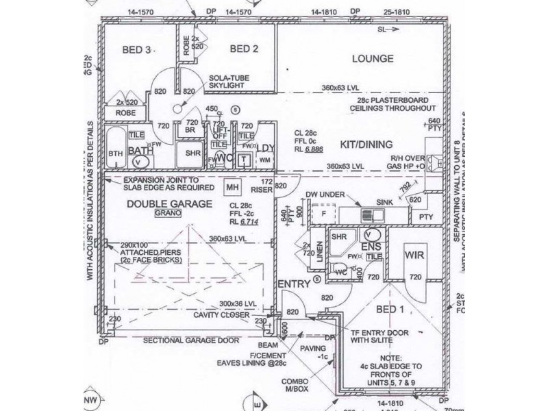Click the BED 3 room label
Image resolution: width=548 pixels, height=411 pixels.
click(x=137, y=49)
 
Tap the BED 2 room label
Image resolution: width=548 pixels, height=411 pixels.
click(x=244, y=49)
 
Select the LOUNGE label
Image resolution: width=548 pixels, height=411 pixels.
click(x=372, y=59)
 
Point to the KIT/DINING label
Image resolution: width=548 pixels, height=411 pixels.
click(x=366, y=145)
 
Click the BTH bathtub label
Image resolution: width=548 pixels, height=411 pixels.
click(x=116, y=154)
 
